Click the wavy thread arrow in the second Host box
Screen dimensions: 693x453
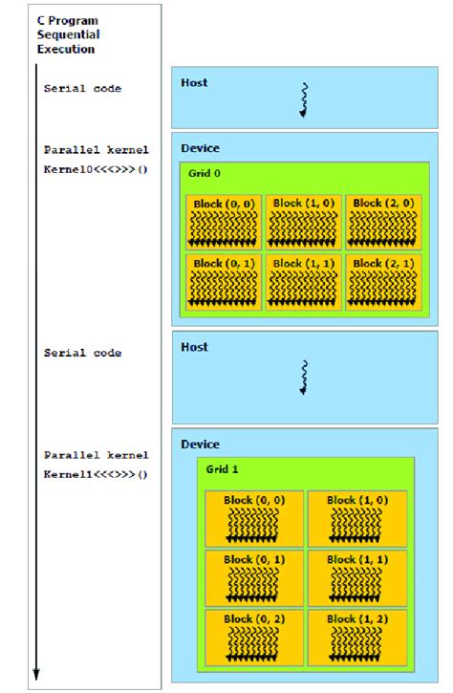304,377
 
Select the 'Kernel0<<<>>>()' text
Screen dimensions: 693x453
96,168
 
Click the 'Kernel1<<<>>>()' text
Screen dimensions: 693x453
96,473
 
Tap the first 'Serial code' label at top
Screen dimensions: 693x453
82,88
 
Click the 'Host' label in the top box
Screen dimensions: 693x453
194,83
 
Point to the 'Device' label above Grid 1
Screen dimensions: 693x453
200,444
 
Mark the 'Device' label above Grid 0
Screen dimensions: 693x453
200,148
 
